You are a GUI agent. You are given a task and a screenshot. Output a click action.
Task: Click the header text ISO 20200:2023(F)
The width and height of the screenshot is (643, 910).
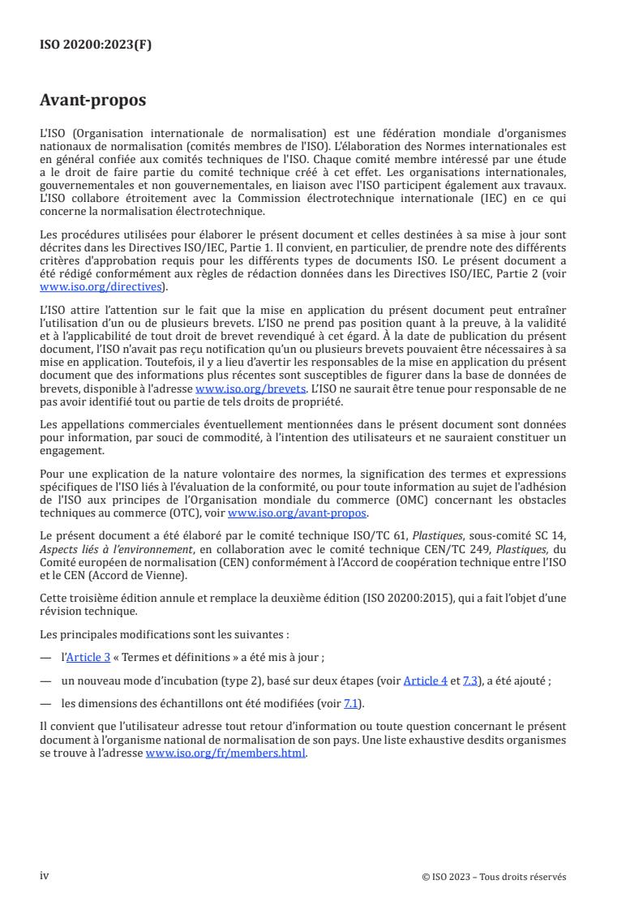pos(96,45)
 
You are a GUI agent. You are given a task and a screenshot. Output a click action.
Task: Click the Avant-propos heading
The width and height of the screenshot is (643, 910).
pos(92,101)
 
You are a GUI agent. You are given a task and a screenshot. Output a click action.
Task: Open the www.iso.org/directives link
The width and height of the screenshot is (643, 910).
pos(102,286)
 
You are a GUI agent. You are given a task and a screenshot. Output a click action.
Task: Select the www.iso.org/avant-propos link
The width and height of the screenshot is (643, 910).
pos(298,513)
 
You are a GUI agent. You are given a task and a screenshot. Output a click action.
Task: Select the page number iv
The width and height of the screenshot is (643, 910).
pos(45,876)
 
